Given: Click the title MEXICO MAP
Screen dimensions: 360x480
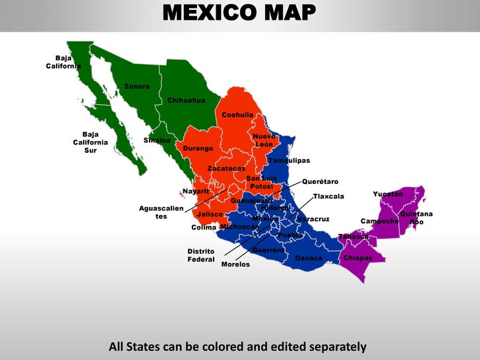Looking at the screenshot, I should click(x=239, y=12).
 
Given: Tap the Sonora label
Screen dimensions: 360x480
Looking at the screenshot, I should click(x=137, y=86).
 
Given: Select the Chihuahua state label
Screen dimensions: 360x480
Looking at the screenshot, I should click(x=186, y=100).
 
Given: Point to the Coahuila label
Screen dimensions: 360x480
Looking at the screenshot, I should click(x=237, y=115).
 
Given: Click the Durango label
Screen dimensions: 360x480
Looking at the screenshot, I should click(x=198, y=148).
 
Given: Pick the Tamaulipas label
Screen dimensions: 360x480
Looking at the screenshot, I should click(x=289, y=160).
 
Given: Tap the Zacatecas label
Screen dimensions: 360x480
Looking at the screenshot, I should click(x=226, y=169).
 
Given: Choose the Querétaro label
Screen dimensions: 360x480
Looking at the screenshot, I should click(x=320, y=181).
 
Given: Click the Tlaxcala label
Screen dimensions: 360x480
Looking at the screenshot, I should click(x=328, y=196).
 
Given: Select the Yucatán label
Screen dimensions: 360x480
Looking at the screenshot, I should click(x=388, y=194).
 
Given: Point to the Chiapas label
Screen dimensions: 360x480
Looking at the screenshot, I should click(x=358, y=258).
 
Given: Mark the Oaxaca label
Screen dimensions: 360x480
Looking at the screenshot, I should click(x=309, y=258).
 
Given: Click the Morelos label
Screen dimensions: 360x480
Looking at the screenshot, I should click(x=235, y=264).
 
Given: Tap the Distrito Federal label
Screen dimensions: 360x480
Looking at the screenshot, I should click(x=201, y=255).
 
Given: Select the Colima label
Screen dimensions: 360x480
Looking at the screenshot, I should click(x=204, y=227).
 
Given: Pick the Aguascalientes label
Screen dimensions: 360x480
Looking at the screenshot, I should click(x=161, y=212).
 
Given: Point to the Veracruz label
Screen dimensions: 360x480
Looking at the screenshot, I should click(x=313, y=219).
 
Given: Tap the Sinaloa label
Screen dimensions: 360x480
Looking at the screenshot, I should click(x=157, y=140).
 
